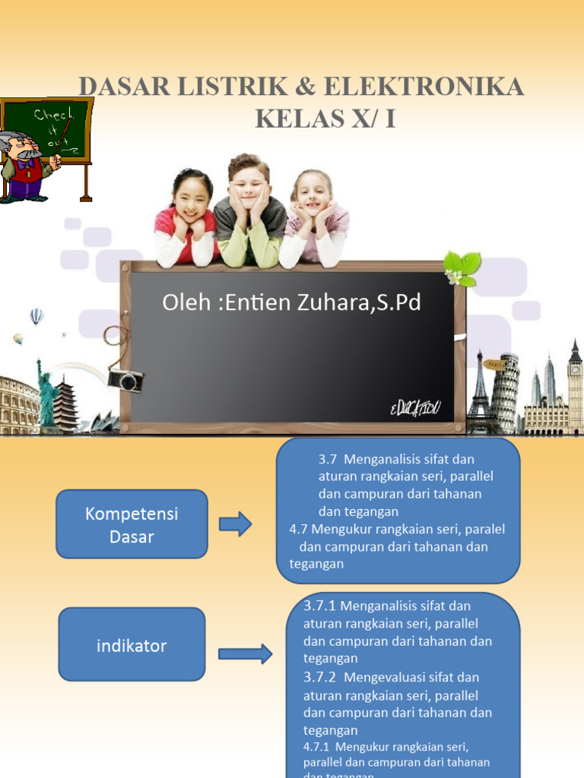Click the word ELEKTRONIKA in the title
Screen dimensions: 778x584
click(x=424, y=87)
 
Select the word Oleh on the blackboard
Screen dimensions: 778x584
click(x=182, y=303)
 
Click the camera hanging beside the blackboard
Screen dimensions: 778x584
click(x=125, y=380)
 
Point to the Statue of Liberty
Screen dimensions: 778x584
click(x=46, y=395)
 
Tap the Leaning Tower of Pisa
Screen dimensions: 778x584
click(x=504, y=391)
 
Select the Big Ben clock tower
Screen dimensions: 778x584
click(x=575, y=387)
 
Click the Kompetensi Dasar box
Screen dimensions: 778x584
click(x=132, y=524)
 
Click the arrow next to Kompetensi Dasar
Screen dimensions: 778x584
click(x=235, y=524)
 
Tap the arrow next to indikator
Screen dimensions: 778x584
click(x=245, y=653)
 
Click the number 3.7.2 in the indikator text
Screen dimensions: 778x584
click(x=319, y=676)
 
